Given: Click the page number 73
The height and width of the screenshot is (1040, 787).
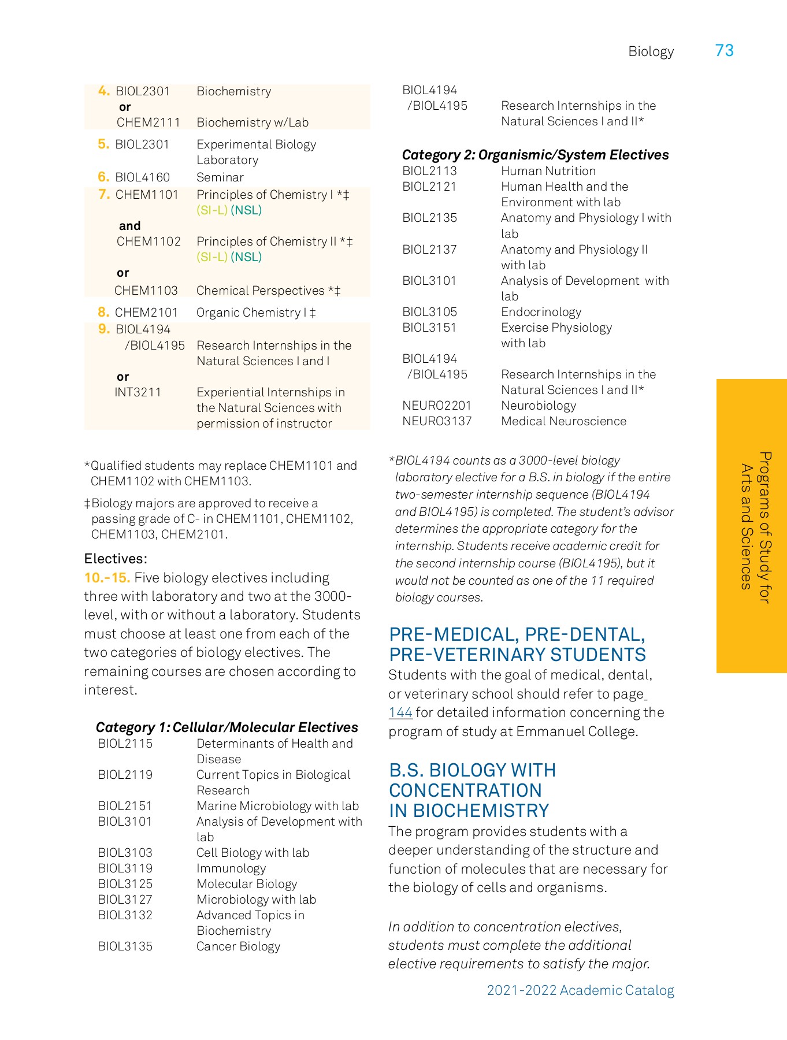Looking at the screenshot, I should pyautogui.click(x=724, y=51).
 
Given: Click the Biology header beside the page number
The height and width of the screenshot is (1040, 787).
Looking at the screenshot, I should pyautogui.click(x=651, y=52).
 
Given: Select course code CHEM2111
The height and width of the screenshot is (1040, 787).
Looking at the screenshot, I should pyautogui.click(x=149, y=122).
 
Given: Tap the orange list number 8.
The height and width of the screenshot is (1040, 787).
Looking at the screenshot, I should pyautogui.click(x=103, y=313).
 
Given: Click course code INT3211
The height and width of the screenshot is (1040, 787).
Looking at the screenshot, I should pyautogui.click(x=138, y=392).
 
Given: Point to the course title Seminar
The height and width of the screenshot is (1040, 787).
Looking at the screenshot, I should pyautogui.click(x=220, y=177).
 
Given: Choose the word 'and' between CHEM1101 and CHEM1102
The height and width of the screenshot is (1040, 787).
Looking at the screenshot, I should pyautogui.click(x=129, y=226).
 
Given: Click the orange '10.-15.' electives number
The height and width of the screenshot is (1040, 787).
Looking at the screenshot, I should pyautogui.click(x=107, y=578).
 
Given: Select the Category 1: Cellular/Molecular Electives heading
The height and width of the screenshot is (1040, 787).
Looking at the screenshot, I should pyautogui.click(x=227, y=727).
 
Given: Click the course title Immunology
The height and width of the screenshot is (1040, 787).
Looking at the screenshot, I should pyautogui.click(x=231, y=868).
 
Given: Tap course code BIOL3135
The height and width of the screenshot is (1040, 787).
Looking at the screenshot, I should pyautogui.click(x=125, y=946).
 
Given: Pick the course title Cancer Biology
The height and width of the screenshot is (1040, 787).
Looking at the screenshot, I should pyautogui.click(x=238, y=946).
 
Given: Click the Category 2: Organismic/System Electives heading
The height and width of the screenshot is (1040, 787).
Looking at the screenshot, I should pyautogui.click(x=535, y=155).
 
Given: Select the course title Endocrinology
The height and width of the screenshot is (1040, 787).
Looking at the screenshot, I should pyautogui.click(x=541, y=312).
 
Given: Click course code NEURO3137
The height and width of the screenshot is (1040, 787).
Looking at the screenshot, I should pyautogui.click(x=437, y=421).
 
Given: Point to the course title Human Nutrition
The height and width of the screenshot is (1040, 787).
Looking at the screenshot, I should pyautogui.click(x=548, y=171).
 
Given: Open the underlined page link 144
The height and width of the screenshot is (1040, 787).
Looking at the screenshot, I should pyautogui.click(x=400, y=713).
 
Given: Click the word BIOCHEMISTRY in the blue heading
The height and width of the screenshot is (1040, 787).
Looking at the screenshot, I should pyautogui.click(x=481, y=811).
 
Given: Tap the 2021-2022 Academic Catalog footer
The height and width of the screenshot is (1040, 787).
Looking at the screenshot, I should pyautogui.click(x=580, y=990).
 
